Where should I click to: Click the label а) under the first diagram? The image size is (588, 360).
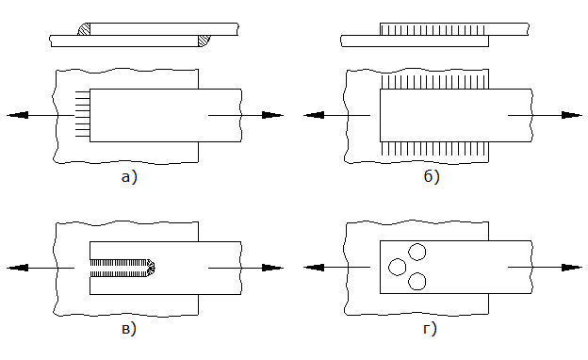coord(129,176)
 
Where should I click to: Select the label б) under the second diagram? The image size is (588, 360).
coord(432,176)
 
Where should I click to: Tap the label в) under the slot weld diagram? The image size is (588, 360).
coord(129,329)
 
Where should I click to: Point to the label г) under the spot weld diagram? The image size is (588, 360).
coord(430,329)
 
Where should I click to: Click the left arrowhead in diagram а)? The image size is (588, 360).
coord(17,115)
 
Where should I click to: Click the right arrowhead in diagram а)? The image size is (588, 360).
coord(272,115)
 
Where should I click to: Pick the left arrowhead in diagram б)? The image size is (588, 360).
coord(314,115)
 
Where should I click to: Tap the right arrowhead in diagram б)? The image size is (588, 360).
coord(572,115)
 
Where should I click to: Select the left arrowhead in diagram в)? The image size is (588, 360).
coord(17,268)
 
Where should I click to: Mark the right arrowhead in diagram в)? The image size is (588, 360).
coord(272,268)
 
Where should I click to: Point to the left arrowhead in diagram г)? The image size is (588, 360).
coord(314,268)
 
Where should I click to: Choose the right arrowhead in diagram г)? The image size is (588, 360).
coord(572,268)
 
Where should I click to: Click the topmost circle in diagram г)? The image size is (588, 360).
coord(417,252)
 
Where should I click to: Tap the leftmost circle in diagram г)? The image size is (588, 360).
coord(398,267)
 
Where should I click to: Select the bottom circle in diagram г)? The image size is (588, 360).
coord(417,281)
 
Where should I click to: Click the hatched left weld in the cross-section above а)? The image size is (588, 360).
coord(85,29)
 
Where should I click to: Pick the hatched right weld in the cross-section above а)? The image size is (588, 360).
coord(204,41)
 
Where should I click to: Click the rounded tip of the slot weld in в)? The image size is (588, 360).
coord(151,268)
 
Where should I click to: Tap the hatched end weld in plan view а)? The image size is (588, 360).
coord(83,115)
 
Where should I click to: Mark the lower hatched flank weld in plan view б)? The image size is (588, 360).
coord(434,149)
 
